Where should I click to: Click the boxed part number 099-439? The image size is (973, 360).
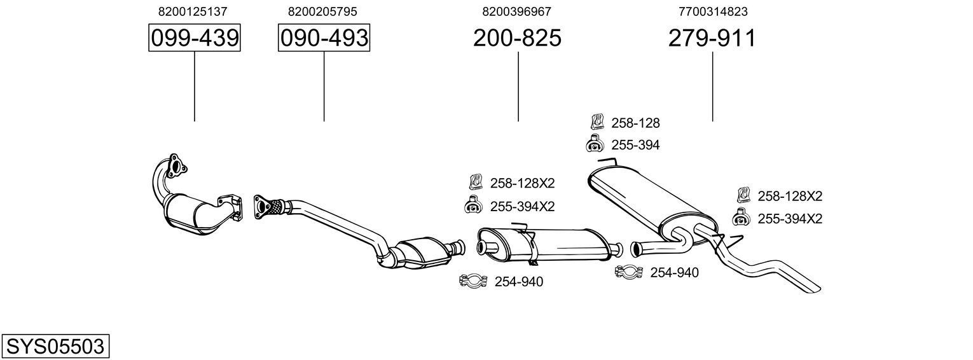tap(194, 38)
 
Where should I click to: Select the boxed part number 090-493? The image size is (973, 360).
tap(324, 38)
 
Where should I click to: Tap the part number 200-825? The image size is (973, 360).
tap(517, 38)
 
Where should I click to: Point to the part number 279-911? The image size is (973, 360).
tap(712, 38)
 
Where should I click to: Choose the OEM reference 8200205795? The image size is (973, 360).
tap(322, 11)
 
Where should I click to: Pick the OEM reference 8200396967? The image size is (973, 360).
tap(516, 11)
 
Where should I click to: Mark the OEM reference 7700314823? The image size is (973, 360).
tap(712, 11)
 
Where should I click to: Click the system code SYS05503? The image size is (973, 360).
tap(55, 347)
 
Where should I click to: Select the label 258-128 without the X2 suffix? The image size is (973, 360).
tap(635, 123)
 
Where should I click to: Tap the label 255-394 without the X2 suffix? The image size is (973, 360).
tap(635, 145)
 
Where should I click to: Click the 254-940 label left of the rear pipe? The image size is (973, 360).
tap(673, 273)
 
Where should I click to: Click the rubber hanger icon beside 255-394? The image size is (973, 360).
tap(595, 145)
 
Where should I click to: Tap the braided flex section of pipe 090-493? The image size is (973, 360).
tap(275, 206)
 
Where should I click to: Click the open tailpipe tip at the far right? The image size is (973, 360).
tap(813, 287)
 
